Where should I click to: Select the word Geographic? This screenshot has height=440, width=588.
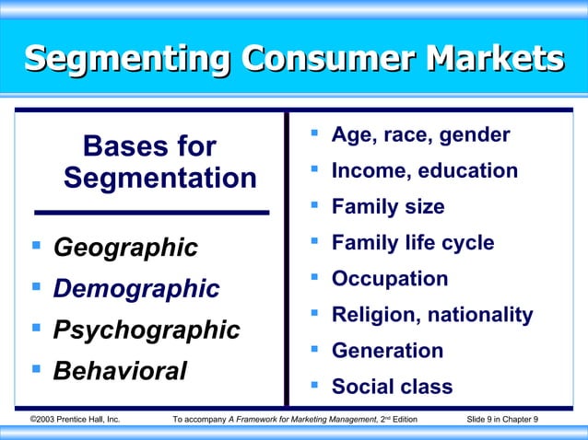[x=125, y=248]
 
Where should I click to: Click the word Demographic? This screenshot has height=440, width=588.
[x=136, y=288]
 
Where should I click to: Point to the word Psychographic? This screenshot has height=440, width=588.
[x=147, y=329]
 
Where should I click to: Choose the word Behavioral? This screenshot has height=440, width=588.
[x=120, y=370]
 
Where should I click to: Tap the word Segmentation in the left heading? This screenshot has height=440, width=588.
[x=160, y=177]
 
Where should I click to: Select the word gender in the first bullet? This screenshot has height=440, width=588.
[x=476, y=136]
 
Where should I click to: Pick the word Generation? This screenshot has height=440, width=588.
[x=387, y=351]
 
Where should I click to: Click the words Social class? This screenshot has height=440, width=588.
[x=392, y=387]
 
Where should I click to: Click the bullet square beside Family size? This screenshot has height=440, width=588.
[x=314, y=205]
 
